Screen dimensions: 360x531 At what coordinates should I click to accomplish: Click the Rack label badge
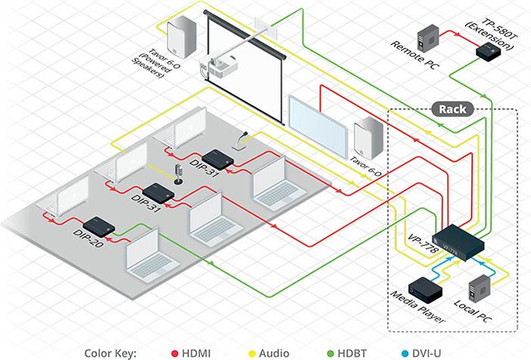pos(452,109)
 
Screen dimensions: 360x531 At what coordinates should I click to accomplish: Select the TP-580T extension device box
pos(485,51)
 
